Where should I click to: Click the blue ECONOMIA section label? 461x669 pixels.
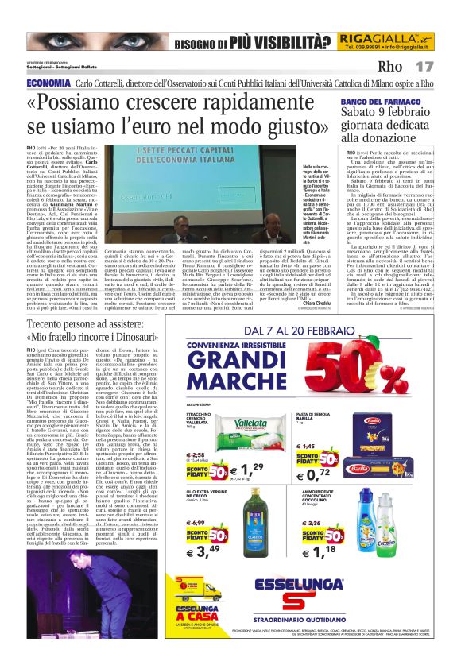coord(48,83)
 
